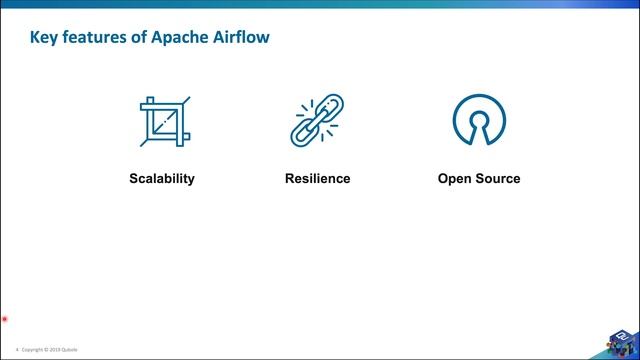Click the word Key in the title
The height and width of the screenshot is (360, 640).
click(x=46, y=38)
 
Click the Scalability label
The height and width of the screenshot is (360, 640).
click(x=161, y=179)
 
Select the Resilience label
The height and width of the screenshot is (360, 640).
click(x=317, y=179)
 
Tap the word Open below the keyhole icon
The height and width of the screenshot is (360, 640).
click(x=455, y=179)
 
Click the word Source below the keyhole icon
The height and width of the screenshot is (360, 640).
click(x=498, y=179)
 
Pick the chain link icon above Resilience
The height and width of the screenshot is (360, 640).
click(x=317, y=121)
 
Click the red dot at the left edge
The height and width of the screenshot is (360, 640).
click(x=5, y=320)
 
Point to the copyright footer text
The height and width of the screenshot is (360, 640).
click(x=49, y=350)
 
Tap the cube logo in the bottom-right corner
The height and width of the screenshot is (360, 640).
click(x=620, y=343)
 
